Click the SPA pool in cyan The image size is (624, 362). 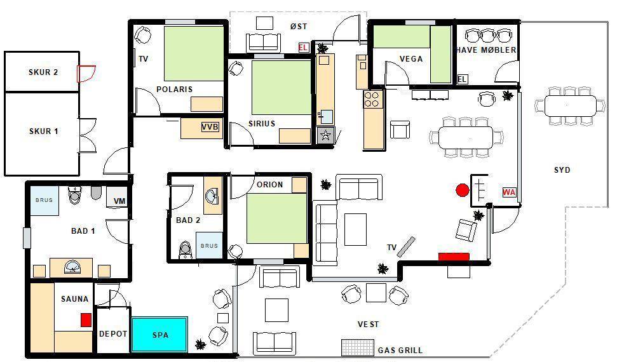pyautogui.click(x=159, y=335)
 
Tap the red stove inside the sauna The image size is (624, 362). pyautogui.click(x=86, y=320)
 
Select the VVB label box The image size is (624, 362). pyautogui.click(x=210, y=127)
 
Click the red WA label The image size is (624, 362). pyautogui.click(x=509, y=192)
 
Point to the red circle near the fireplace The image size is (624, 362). pyautogui.click(x=463, y=190)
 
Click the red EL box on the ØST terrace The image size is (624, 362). pyautogui.click(x=303, y=48)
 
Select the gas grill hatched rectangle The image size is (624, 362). pyautogui.click(x=358, y=347)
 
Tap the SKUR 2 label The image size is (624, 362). pyautogui.click(x=43, y=72)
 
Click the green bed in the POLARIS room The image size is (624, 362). pyautogui.click(x=194, y=53)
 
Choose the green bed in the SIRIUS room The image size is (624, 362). pyautogui.click(x=281, y=88)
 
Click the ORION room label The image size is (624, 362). pyautogui.click(x=270, y=185)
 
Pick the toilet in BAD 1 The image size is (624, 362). pyautogui.click(x=75, y=194)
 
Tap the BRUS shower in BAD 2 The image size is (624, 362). pyautogui.click(x=209, y=245)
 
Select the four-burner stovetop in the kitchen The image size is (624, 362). pyautogui.click(x=372, y=100)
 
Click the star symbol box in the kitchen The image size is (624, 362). pyautogui.click(x=325, y=135)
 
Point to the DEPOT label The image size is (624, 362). pyautogui.click(x=113, y=334)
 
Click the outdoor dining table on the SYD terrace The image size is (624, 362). pyautogui.click(x=570, y=106)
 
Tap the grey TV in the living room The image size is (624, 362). pyautogui.click(x=406, y=246)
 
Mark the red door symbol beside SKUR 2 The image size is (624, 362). pyautogui.click(x=86, y=74)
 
